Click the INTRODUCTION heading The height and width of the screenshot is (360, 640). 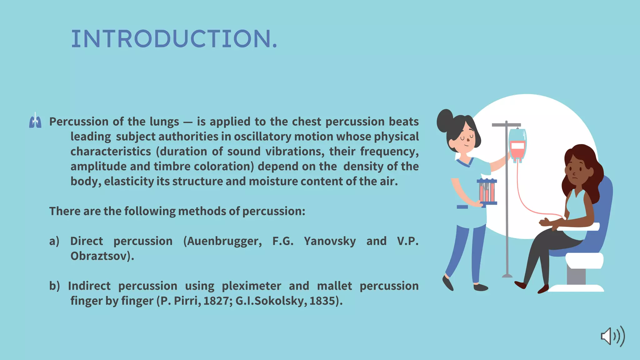174,39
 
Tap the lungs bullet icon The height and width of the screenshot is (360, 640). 35,121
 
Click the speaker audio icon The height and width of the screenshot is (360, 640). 613,336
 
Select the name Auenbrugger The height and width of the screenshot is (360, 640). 222,241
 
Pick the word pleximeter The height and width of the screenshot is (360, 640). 251,286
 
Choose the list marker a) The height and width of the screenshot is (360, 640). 54,241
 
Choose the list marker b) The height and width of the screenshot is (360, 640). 54,286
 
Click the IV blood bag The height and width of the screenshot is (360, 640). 517,146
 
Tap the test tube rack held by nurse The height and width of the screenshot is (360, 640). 487,192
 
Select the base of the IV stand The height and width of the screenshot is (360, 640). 507,275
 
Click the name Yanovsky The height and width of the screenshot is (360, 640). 330,241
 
